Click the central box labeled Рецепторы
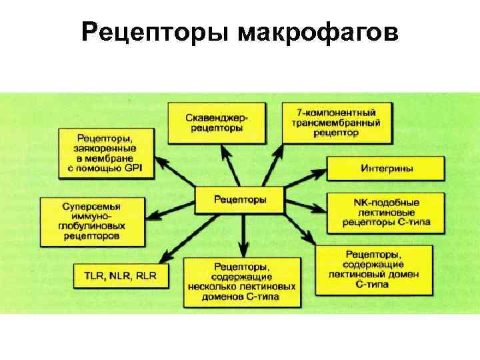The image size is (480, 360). (239, 199)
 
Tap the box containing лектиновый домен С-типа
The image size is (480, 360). (373, 269)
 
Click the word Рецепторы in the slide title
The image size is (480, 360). (155, 32)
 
